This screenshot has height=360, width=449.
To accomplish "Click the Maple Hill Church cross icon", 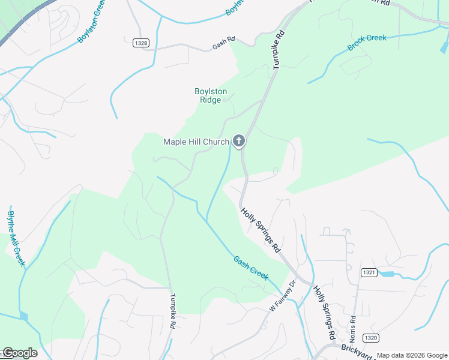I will click(x=239, y=142).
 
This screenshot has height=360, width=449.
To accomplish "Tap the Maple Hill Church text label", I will click(x=196, y=142).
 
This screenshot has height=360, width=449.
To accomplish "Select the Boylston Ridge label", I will click(x=211, y=95).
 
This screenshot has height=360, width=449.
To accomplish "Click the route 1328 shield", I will click(x=140, y=42).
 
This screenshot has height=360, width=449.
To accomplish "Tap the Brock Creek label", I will click(x=367, y=42).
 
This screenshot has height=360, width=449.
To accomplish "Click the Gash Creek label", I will click(x=250, y=267).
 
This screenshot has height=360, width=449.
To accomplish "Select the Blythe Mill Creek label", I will click(x=16, y=238).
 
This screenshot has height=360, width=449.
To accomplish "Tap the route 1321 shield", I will click(x=369, y=272).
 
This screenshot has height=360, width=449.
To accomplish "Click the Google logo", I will click(x=19, y=353).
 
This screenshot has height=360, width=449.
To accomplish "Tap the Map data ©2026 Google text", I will click(x=411, y=355).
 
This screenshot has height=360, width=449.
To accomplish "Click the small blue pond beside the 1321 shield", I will click(x=387, y=274).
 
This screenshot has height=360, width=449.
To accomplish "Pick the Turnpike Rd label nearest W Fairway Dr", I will click(x=172, y=310).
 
